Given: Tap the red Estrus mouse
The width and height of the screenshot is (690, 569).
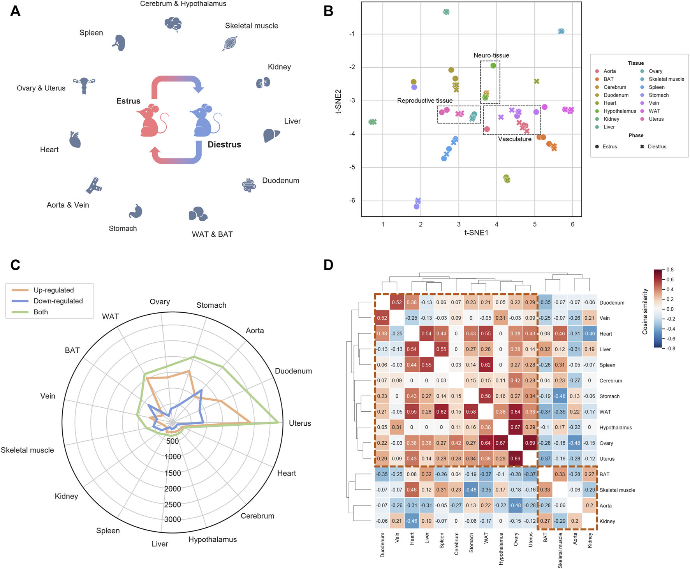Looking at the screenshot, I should tap(151, 120).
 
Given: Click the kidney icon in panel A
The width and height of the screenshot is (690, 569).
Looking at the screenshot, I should tap(263, 83).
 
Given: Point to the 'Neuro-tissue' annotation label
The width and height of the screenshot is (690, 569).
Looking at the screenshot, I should tap(491, 55).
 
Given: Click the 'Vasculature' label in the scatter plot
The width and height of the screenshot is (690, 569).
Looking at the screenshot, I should tap(514, 139).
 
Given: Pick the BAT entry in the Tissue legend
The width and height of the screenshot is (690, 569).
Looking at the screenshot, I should tap(608, 79).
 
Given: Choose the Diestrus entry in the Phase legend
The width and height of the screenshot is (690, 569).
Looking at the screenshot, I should tap(657, 146).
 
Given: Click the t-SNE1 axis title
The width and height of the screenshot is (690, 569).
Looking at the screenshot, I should tap(476, 233).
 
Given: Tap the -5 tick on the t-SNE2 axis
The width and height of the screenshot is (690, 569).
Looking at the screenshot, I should tap(352, 167).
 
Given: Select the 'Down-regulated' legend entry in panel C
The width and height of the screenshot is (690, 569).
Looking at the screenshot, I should tap(58, 301).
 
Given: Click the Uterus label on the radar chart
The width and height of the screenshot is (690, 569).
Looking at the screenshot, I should tap(300, 423).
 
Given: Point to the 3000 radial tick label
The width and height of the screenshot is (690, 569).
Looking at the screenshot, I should tap(172, 519).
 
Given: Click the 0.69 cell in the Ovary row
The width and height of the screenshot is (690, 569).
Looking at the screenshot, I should tap(530, 443).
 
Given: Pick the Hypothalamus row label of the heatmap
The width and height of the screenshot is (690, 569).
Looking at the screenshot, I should tap(615, 427).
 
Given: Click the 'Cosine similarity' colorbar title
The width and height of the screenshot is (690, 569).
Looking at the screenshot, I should tap(645, 312).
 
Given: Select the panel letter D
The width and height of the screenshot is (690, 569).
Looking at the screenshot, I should tap(328, 265).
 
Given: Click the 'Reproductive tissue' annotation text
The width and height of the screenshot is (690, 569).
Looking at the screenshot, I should tap(424, 100).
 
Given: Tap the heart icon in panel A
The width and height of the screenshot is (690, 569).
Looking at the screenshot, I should tap(75, 140).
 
